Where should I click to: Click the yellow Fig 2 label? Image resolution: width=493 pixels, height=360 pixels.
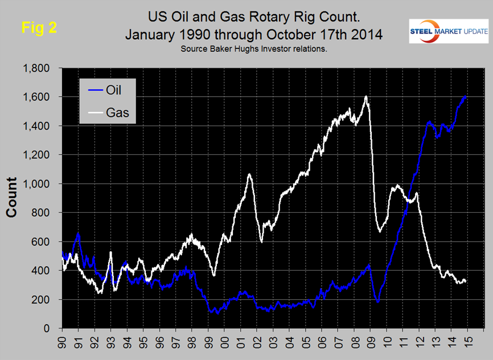pos(39,27)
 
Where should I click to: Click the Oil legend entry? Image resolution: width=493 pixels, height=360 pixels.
pos(112,89)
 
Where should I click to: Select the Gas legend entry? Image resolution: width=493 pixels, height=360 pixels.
pos(117,112)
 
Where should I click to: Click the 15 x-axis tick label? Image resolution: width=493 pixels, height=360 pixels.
pos(467,343)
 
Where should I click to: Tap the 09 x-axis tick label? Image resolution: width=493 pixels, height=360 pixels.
pos(370,343)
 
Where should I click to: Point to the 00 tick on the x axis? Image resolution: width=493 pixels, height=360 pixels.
pos(224,343)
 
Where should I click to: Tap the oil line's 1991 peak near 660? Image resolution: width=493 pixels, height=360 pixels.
pos(78,233)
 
